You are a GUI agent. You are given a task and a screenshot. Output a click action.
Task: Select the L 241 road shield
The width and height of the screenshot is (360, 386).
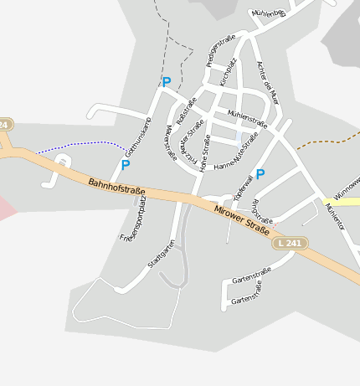290,243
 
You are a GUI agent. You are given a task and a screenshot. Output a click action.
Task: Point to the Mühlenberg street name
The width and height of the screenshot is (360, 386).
269,14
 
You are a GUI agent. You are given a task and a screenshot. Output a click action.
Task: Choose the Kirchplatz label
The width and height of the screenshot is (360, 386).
228,72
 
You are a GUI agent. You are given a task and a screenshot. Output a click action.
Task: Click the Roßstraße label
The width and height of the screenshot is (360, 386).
186,111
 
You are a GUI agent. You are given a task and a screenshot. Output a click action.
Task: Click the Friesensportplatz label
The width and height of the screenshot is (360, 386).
132,220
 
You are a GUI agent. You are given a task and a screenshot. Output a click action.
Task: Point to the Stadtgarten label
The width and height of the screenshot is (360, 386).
162,254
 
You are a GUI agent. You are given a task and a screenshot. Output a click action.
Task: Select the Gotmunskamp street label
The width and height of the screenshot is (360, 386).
136,137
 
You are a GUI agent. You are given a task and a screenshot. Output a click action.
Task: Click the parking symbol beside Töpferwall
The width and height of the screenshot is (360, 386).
260,174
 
